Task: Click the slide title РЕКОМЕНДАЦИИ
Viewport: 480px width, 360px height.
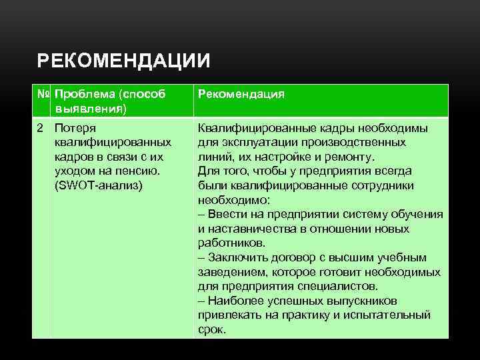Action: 123,61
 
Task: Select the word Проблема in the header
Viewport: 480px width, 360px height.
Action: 84,94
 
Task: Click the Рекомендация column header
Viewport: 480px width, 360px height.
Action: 241,94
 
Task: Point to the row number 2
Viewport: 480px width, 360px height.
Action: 41,128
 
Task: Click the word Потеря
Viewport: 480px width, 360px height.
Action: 75,128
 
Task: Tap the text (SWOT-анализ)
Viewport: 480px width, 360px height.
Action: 98,185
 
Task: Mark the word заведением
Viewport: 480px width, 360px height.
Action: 230,272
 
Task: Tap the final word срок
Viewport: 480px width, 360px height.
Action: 211,330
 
